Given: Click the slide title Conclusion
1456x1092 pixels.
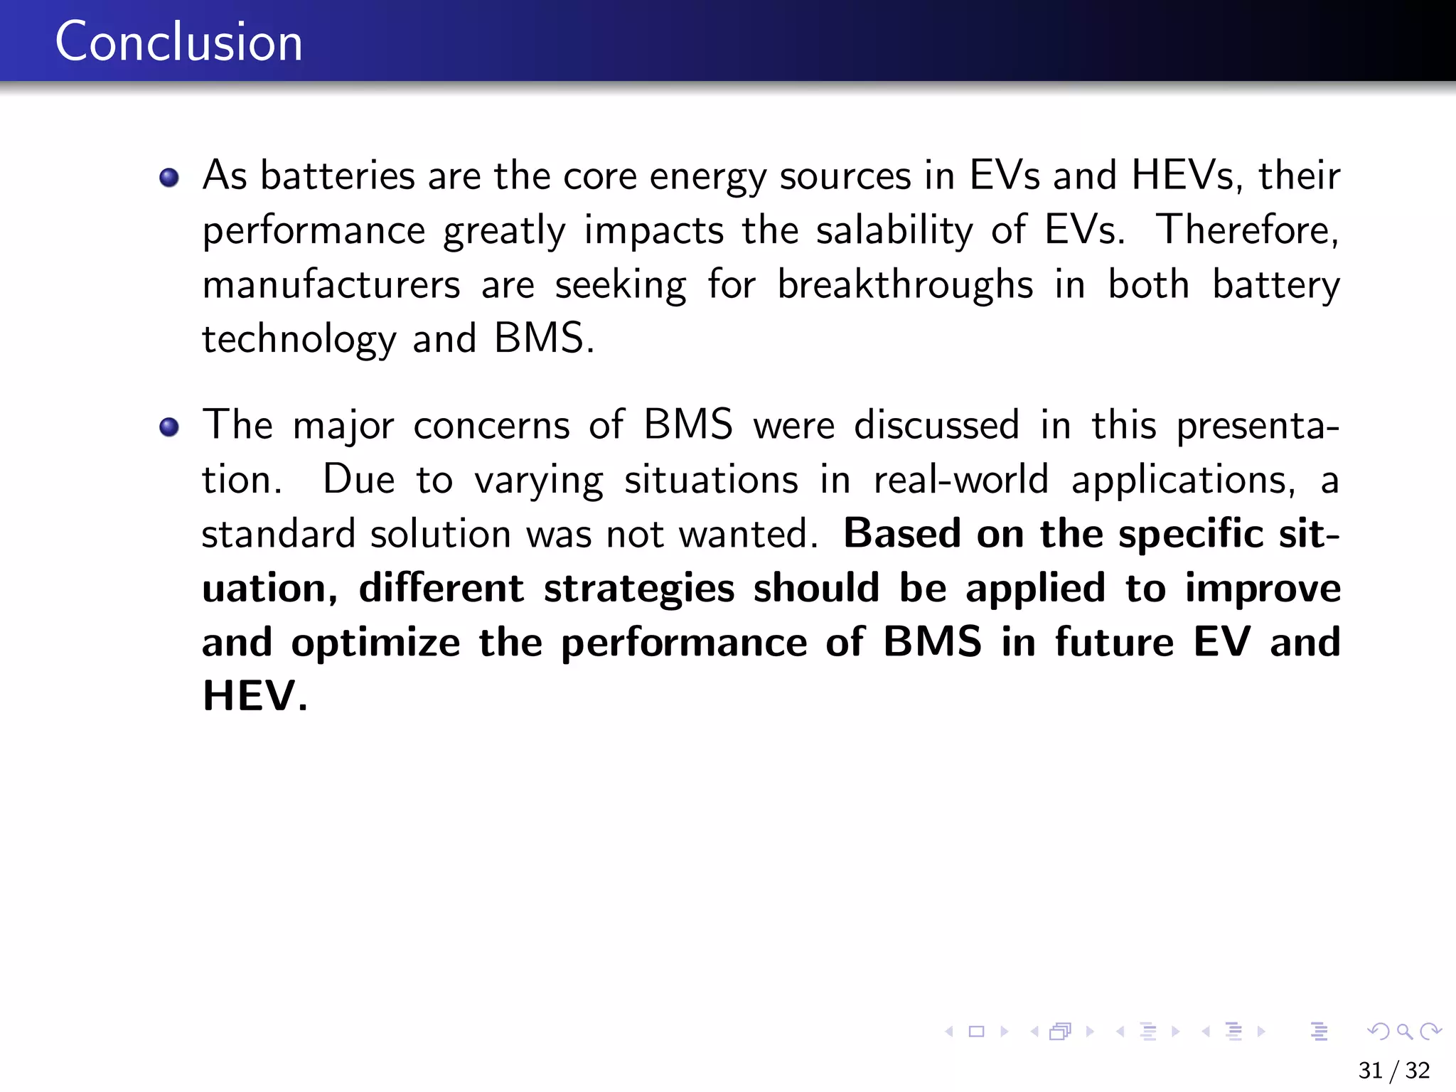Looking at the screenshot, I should [178, 42].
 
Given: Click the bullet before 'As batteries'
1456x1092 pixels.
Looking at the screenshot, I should [169, 177].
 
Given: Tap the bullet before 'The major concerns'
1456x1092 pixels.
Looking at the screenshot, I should [169, 427].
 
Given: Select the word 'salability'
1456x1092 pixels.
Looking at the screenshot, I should [894, 230].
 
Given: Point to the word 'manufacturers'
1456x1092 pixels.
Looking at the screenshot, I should [331, 285].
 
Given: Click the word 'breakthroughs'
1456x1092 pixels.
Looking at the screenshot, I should [905, 285].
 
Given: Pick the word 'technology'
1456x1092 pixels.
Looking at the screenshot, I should [299, 339].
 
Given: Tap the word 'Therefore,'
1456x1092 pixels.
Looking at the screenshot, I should [1248, 230].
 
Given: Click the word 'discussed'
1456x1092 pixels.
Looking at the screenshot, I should [936, 426].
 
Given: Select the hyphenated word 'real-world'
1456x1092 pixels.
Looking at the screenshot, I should [960, 480].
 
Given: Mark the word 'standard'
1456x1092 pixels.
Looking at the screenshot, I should [278, 534].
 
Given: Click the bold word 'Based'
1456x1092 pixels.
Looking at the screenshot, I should [901, 534].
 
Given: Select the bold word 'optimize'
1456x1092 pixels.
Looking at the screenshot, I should [375, 643].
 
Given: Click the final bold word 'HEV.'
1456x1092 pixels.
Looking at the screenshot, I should [255, 696].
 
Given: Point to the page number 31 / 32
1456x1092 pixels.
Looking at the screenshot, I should [1393, 1070].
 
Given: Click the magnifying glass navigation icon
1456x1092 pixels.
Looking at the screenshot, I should [1403, 1031].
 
